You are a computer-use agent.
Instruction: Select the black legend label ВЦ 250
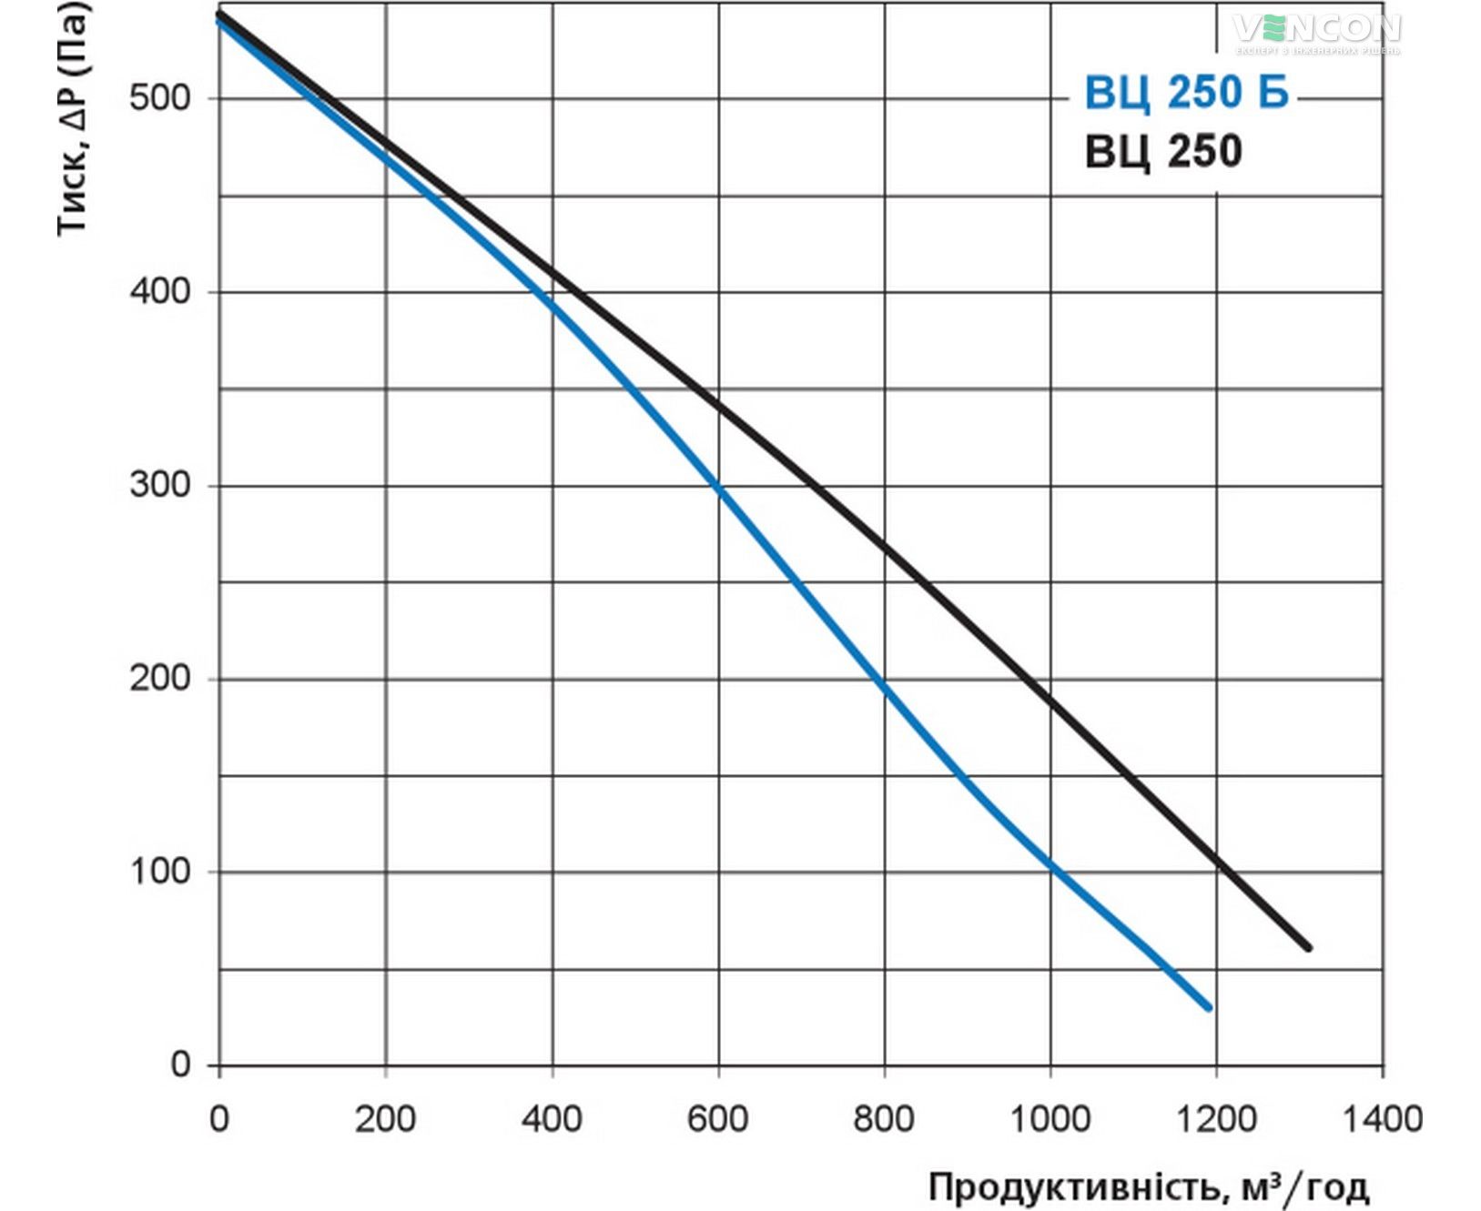1163,150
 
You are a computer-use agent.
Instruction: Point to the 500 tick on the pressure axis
160,97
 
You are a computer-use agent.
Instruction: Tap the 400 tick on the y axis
160,291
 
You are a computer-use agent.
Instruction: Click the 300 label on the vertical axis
160,484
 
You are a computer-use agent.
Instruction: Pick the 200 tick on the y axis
160,678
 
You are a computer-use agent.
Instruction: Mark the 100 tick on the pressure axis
160,872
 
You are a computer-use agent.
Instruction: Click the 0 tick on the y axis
181,1065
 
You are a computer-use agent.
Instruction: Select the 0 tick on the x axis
219,1118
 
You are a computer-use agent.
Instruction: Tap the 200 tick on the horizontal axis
385,1118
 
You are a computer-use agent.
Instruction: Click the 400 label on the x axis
552,1118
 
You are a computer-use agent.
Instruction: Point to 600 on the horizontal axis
718,1118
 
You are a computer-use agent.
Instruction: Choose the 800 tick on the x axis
884,1118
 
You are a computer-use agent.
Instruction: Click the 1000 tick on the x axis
1050,1118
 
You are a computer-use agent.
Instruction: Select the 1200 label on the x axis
1217,1118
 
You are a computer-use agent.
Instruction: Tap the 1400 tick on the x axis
1383,1118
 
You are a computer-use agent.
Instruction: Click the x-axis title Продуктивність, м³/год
1148,1186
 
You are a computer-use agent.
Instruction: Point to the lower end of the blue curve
1209,1007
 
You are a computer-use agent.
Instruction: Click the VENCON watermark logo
1317,32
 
